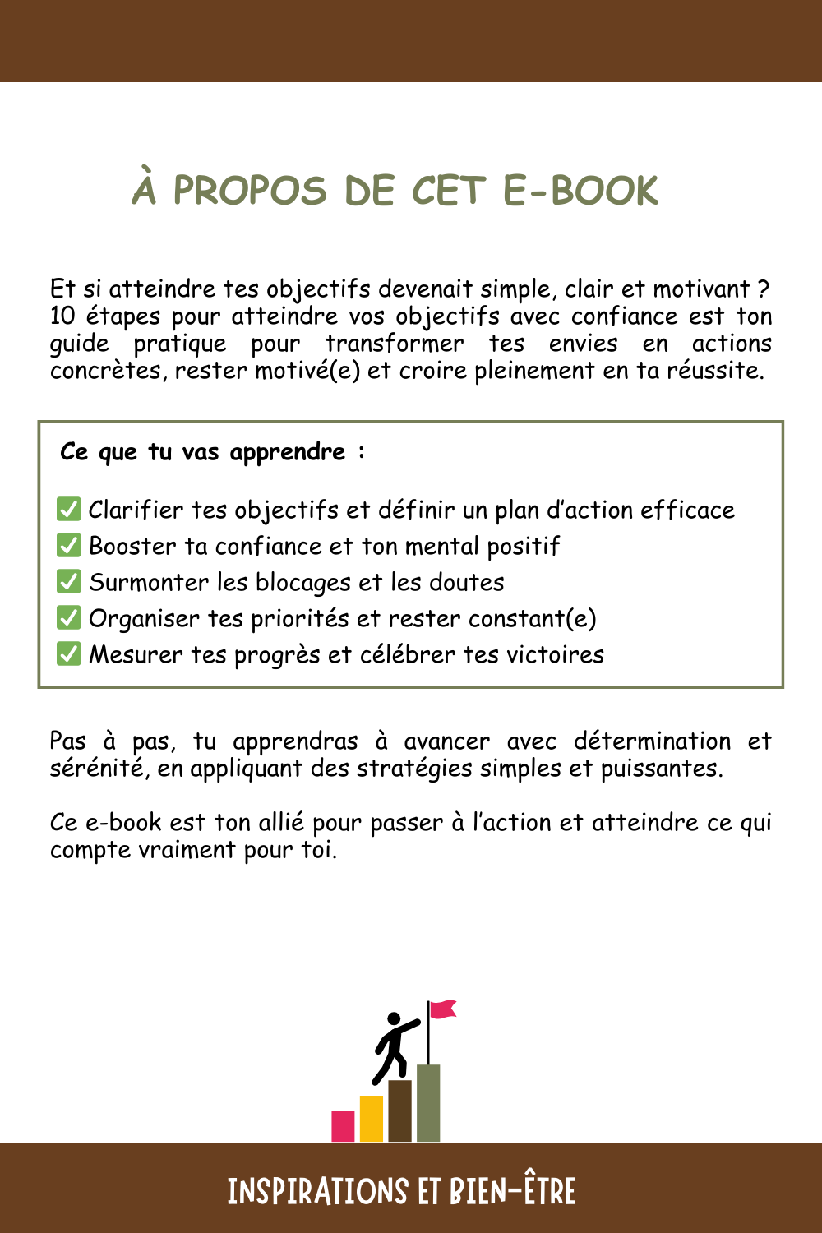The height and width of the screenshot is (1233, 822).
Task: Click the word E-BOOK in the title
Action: tap(580, 191)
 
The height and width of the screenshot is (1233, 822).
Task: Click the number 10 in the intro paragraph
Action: tap(62, 316)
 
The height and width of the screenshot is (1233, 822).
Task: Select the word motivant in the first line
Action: tap(701, 289)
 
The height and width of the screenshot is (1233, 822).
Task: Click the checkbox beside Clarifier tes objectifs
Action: tap(69, 510)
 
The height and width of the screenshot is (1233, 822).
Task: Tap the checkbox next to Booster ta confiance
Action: tap(69, 546)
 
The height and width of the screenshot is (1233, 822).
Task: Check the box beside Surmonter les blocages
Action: tap(69, 582)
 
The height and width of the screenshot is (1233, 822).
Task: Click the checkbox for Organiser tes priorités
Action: tap(69, 618)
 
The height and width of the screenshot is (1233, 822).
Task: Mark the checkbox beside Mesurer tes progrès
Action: tap(69, 654)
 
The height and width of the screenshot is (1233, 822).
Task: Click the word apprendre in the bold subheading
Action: tap(288, 453)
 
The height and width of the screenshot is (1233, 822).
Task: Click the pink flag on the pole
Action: tap(443, 1009)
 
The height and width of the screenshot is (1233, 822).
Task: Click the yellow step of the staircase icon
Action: tap(372, 1119)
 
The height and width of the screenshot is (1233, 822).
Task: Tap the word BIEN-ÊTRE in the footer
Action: tap(513, 1191)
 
